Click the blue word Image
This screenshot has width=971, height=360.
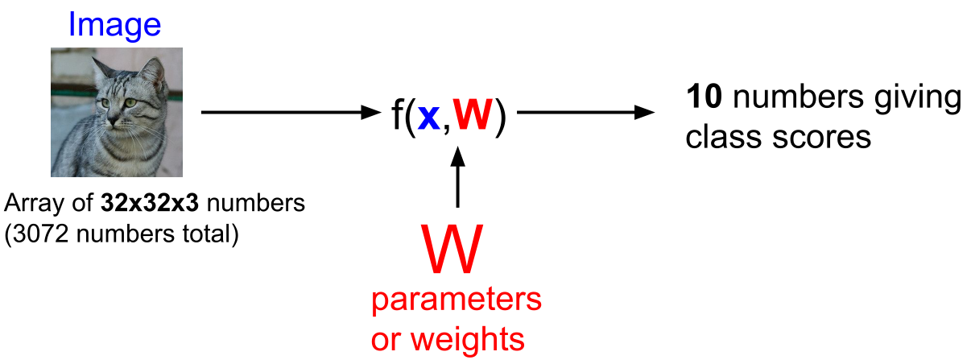pos(115,26)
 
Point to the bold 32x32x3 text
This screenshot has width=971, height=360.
pos(150,203)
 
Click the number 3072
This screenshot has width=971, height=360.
pos(41,234)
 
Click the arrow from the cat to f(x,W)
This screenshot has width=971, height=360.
pos(291,112)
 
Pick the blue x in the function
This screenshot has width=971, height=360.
pos(428,117)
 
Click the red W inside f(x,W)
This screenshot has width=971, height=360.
pos(473,114)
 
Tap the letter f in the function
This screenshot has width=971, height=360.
pos(398,114)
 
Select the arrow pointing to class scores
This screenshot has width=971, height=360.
pos(585,112)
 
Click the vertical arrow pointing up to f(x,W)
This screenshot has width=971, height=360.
pos(458,177)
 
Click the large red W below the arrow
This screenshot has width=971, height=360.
pos(452,249)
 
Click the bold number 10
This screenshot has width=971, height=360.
pos(704,96)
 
